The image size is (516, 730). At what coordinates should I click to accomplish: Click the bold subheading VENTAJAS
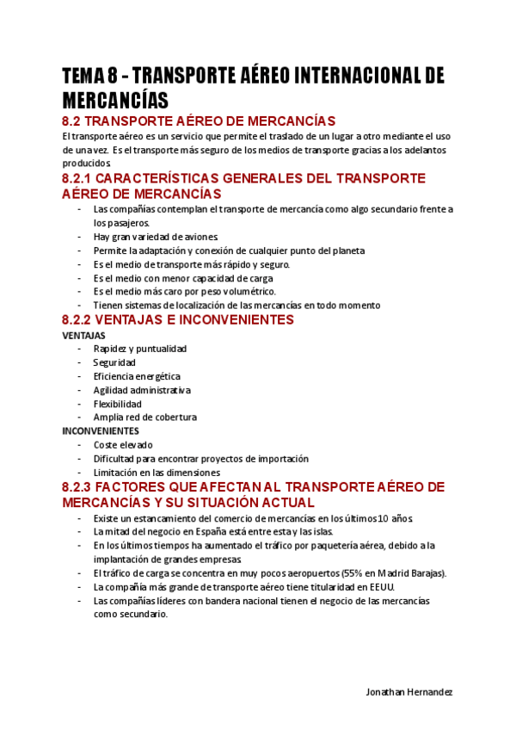tap(83, 335)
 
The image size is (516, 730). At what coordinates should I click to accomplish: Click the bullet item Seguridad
tap(114, 362)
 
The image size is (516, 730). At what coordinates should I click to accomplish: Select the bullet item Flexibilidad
tap(117, 404)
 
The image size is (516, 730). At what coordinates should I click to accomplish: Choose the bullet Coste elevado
tap(123, 445)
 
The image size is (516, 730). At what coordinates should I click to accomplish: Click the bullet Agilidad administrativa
tap(142, 390)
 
